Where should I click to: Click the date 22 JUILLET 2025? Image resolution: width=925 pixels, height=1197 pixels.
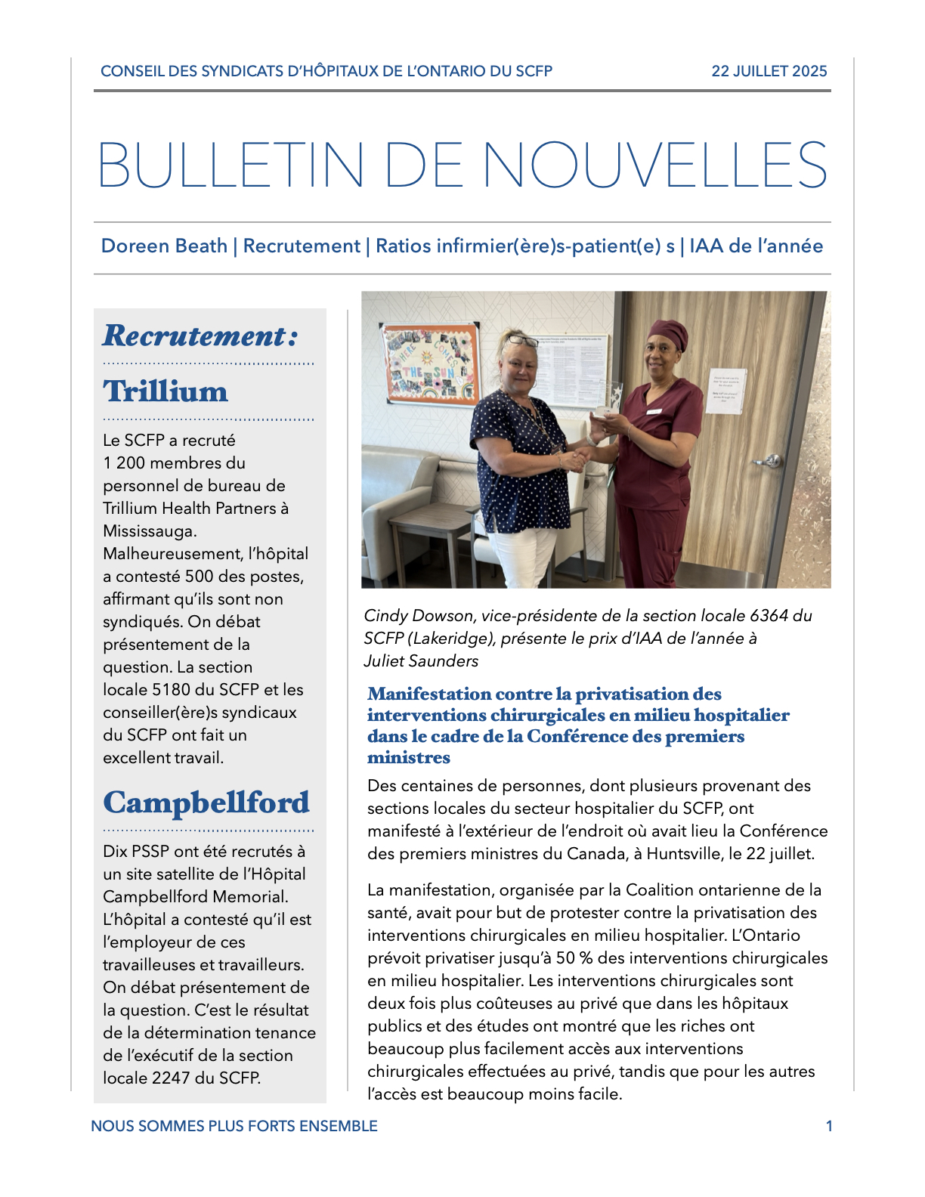tap(769, 71)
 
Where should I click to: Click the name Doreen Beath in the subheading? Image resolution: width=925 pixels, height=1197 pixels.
tap(164, 246)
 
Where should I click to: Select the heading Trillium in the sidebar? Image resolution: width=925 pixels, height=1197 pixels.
tap(166, 391)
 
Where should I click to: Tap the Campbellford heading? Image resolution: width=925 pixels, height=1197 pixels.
tap(206, 803)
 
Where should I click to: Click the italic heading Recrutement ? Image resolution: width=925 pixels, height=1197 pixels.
tap(200, 336)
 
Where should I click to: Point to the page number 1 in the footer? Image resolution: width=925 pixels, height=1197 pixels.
tap(829, 1126)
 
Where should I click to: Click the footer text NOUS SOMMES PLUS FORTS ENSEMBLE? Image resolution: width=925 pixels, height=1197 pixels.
tap(234, 1126)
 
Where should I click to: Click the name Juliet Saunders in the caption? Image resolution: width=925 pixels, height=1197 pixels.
tap(421, 661)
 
